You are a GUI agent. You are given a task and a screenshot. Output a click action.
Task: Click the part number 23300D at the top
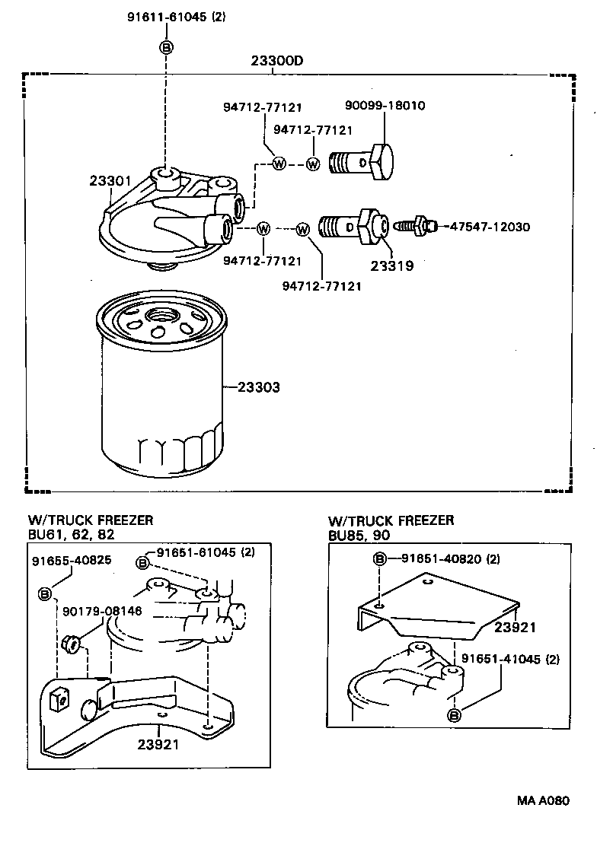[277, 61]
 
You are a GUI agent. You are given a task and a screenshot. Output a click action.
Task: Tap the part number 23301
[110, 181]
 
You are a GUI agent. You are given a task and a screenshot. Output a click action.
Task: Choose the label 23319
[391, 266]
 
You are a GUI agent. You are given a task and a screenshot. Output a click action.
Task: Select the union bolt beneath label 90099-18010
[362, 162]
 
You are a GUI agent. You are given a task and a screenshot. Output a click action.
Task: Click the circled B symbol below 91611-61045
[165, 47]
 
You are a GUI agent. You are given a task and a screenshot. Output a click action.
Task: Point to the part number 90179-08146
[102, 610]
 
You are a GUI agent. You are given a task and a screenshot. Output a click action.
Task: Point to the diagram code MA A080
[542, 800]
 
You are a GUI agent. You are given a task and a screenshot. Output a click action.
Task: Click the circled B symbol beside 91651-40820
[379, 560]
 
